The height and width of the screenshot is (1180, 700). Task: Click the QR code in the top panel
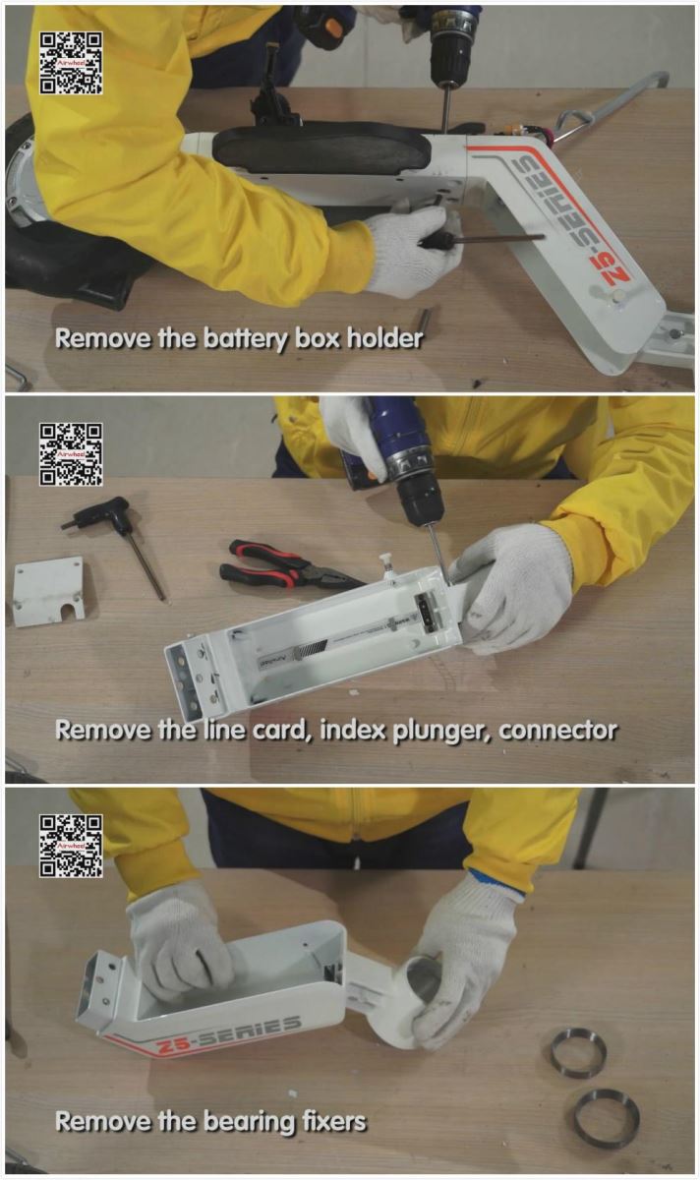[71, 63]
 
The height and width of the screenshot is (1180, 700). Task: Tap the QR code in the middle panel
[71, 454]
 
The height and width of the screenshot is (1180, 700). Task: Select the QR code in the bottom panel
[71, 846]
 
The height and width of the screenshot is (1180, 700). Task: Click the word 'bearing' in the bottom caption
[249, 1123]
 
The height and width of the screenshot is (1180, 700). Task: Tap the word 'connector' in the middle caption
[557, 731]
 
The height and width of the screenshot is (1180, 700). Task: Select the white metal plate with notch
[49, 591]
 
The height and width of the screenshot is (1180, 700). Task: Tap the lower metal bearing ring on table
[607, 1110]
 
